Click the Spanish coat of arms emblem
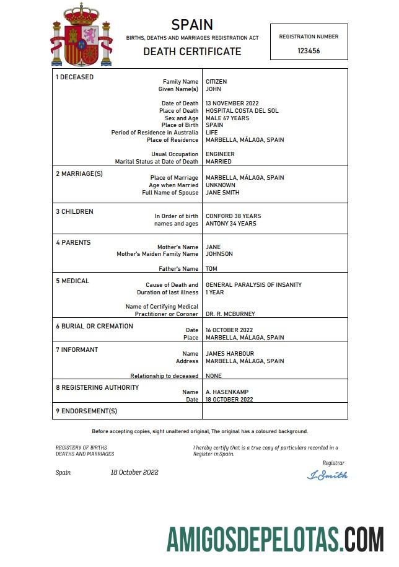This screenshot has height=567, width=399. (x=81, y=36)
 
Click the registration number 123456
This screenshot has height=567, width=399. (x=309, y=51)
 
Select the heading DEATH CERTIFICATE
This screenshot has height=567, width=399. (x=192, y=51)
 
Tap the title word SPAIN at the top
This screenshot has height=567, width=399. (x=192, y=25)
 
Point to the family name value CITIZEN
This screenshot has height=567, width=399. (x=216, y=82)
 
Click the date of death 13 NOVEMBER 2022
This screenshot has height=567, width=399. (x=232, y=103)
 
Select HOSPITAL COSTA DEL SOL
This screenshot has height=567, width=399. (x=242, y=111)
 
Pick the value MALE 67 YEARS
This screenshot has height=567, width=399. (x=227, y=118)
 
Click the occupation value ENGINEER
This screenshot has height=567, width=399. (x=220, y=154)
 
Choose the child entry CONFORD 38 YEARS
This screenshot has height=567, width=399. (x=233, y=216)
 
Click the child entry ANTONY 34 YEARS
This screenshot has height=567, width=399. (x=230, y=224)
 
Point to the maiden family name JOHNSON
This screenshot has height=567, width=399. (x=219, y=254)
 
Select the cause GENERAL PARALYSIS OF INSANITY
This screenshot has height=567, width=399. (x=253, y=285)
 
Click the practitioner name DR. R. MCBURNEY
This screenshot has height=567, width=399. (x=230, y=314)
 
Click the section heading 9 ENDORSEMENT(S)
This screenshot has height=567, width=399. (x=87, y=411)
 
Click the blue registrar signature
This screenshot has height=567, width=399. (x=327, y=475)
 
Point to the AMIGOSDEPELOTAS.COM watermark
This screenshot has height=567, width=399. (x=275, y=538)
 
